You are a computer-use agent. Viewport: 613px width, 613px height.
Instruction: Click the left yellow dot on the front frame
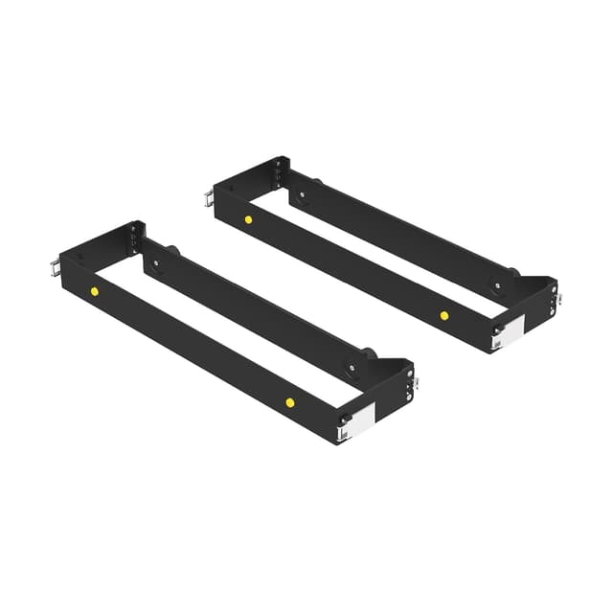pyautogui.click(x=94, y=290)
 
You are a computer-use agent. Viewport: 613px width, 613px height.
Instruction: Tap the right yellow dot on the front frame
pyautogui.click(x=289, y=402)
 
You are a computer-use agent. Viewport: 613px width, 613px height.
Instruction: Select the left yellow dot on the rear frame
pyautogui.click(x=248, y=219)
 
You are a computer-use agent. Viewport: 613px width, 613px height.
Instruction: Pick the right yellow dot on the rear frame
pyautogui.click(x=444, y=314)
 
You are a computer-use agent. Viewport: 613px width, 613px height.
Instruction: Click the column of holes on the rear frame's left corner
pyautogui.click(x=279, y=174)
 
